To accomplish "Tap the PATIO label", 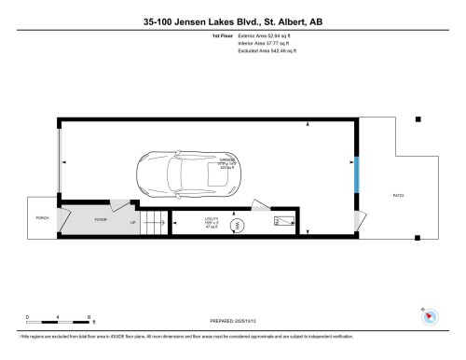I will click(399, 195).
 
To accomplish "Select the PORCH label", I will click(41, 218).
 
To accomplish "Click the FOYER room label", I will click(100, 219).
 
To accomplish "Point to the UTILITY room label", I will click(212, 220).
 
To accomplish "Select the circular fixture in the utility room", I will click(236, 224).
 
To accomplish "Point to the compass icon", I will click(429, 315).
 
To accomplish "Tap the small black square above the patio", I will click(418, 119).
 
